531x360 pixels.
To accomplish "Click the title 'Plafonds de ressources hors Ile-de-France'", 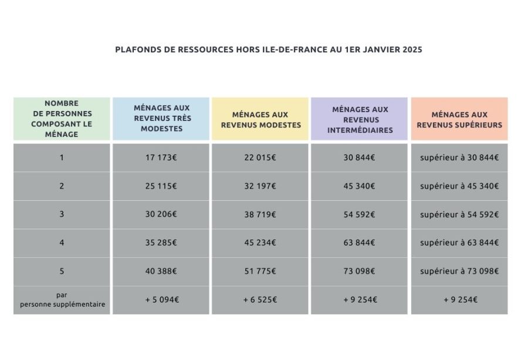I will (269, 50).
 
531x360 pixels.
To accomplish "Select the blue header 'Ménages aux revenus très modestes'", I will (161, 119).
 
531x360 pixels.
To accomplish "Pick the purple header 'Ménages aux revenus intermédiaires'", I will (360, 119).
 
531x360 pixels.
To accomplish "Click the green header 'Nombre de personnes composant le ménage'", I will (62, 119).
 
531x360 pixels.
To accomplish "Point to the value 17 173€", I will (161, 157).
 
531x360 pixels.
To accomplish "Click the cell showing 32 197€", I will (261, 186).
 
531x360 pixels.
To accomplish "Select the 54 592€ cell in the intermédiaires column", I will (360, 214).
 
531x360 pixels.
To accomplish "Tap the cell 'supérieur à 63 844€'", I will (459, 243).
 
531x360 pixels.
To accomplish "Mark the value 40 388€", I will (161, 271).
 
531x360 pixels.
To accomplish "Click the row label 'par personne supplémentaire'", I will (62, 300).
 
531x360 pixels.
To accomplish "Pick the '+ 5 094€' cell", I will (161, 300).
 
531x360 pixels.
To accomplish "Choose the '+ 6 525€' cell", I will (261, 300).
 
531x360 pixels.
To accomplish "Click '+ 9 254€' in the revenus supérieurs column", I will (459, 300).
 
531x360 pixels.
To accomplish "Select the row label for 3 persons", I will (62, 214).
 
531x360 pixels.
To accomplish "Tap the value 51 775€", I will (261, 271).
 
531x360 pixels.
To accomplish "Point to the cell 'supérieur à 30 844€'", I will (459, 157).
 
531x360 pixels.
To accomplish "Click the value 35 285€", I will (161, 243).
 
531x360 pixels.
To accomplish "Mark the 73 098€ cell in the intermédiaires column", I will (360, 271).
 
